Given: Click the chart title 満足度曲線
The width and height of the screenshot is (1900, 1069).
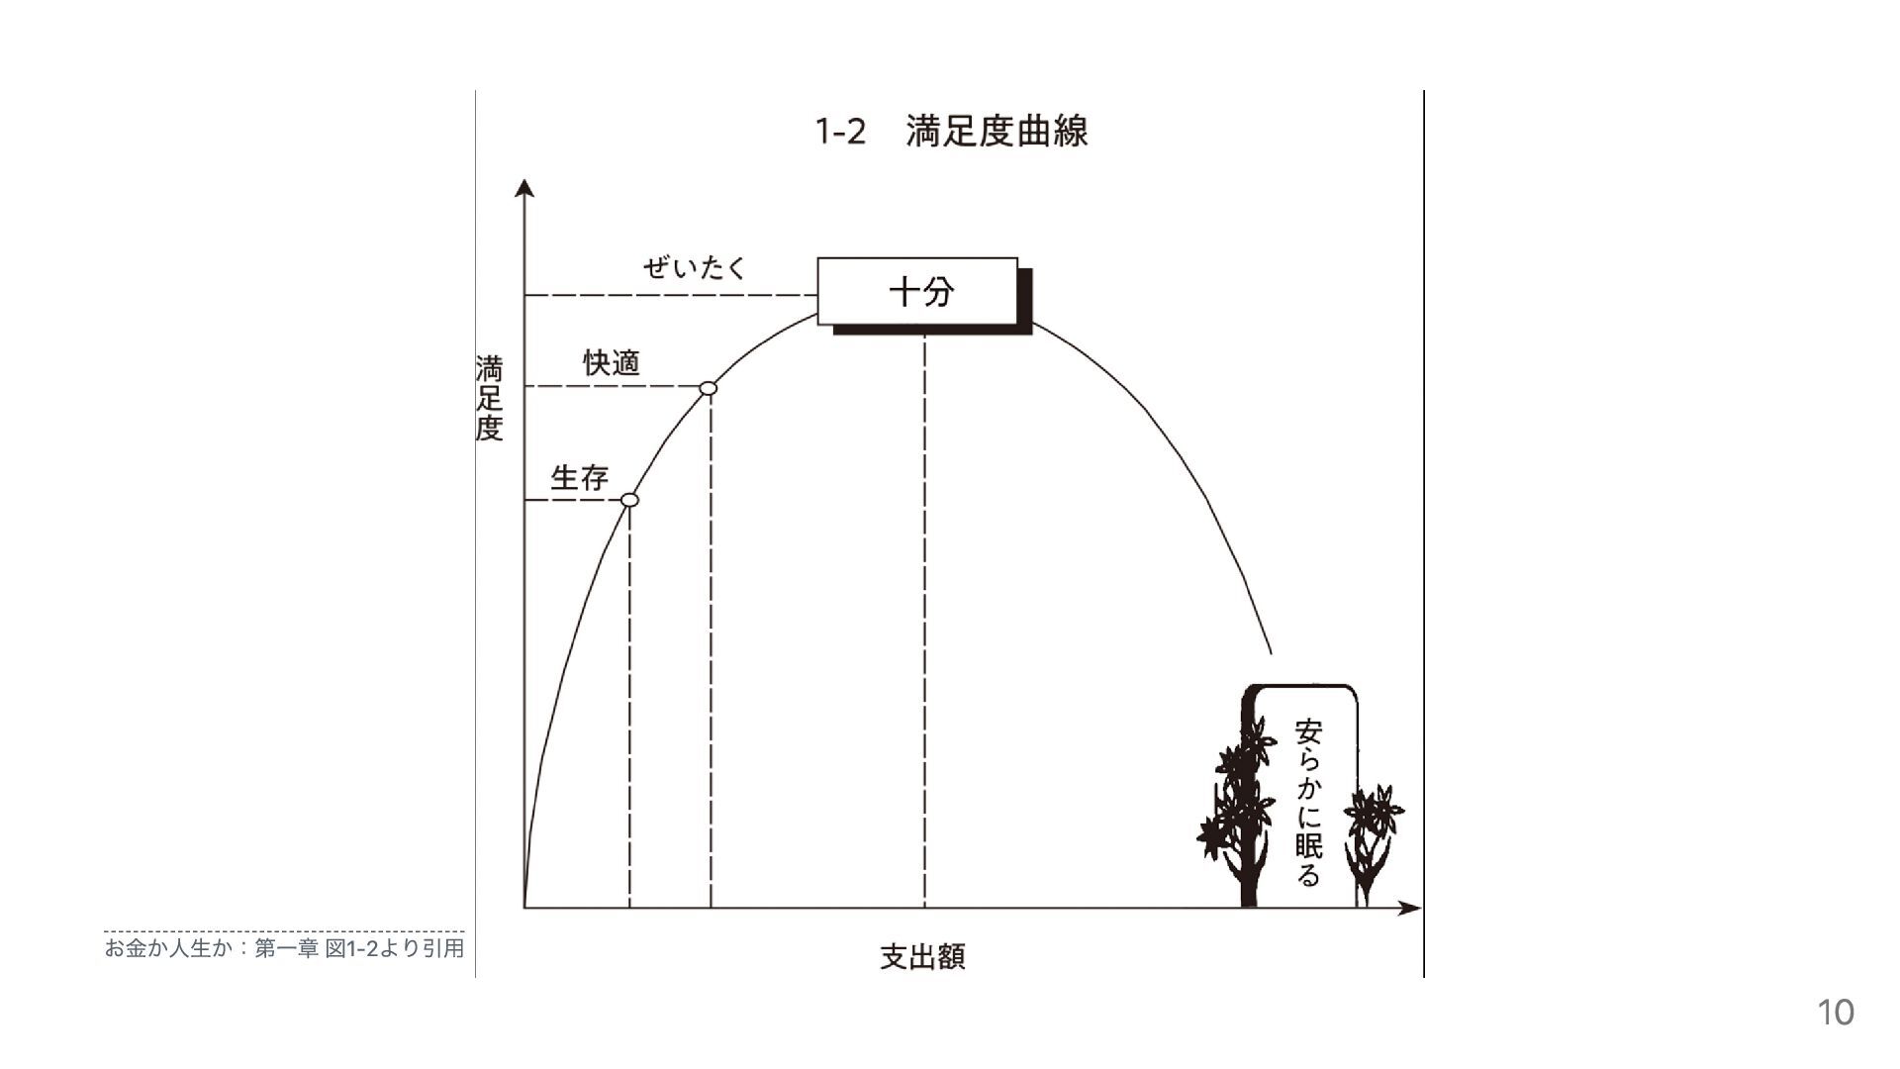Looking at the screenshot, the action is (997, 132).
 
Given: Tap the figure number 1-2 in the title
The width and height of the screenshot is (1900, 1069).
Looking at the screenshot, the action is (840, 132).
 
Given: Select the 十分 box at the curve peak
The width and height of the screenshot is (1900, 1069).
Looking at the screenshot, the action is (918, 291).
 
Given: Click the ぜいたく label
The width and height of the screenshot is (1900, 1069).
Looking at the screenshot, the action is (694, 267).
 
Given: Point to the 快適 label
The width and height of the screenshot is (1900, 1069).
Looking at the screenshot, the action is (612, 363).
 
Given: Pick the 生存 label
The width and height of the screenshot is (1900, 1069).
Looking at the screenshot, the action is (579, 478).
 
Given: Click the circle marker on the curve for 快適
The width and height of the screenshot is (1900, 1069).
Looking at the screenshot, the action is (708, 388).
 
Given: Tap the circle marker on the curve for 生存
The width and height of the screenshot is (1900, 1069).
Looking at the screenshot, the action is (629, 500).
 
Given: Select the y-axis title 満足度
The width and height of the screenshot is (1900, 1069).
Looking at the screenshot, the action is (490, 398).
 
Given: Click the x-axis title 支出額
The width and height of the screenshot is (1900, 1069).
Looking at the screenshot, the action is (922, 956).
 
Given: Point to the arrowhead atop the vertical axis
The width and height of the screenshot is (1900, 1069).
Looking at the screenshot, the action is (525, 188).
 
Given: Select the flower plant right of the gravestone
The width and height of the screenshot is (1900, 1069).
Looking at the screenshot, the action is (1373, 836).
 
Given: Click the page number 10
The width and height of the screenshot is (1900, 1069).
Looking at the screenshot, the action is (1836, 1013).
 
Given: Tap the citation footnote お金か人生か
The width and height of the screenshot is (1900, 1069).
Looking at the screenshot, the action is (284, 948).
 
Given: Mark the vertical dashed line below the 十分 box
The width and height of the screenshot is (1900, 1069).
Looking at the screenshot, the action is (925, 624).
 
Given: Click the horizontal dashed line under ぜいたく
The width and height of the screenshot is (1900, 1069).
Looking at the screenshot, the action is (669, 295).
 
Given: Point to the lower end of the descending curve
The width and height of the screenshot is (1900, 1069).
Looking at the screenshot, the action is (1270, 651).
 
